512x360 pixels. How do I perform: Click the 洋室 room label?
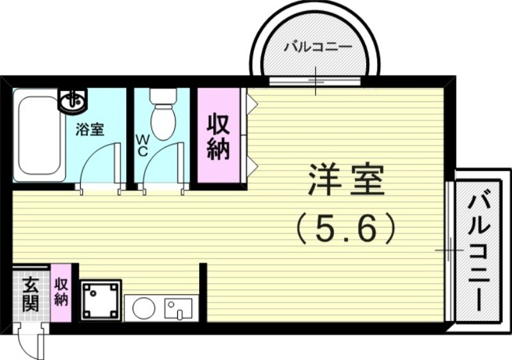(x=347, y=181)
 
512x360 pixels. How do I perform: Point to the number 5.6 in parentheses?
(x=347, y=227)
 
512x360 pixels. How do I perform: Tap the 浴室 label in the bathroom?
(x=90, y=129)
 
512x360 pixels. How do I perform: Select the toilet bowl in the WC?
(x=162, y=122)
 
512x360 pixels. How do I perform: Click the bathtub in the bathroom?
(x=38, y=135)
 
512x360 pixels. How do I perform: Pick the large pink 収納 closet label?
(x=218, y=137)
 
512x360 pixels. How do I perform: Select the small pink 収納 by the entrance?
(x=61, y=291)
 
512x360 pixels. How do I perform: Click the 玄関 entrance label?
(x=30, y=294)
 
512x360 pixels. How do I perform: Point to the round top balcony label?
(x=314, y=47)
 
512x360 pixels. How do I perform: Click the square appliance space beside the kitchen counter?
(x=100, y=299)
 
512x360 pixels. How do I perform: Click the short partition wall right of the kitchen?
(x=203, y=291)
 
